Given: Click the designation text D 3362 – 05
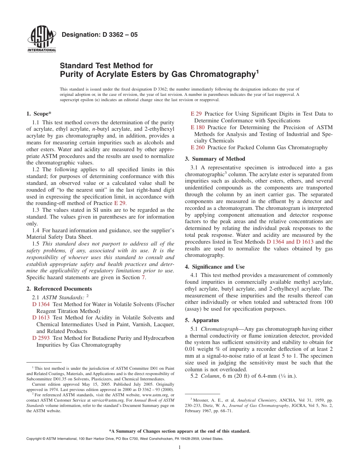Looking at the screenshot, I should click(x=99, y=35).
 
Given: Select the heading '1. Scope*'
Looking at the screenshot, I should click(x=39, y=114).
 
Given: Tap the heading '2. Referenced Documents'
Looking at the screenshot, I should click(x=59, y=289).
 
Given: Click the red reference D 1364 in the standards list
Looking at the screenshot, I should click(x=41, y=304).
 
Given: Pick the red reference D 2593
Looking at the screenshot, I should click(x=41, y=338).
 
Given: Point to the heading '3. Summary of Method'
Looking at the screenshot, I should click(x=215, y=159).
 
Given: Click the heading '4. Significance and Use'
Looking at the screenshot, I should click(x=215, y=267).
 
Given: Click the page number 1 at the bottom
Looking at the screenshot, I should click(x=180, y=447).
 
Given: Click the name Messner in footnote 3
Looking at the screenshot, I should click(x=201, y=400).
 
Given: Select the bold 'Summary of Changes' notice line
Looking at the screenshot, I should click(x=180, y=431).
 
